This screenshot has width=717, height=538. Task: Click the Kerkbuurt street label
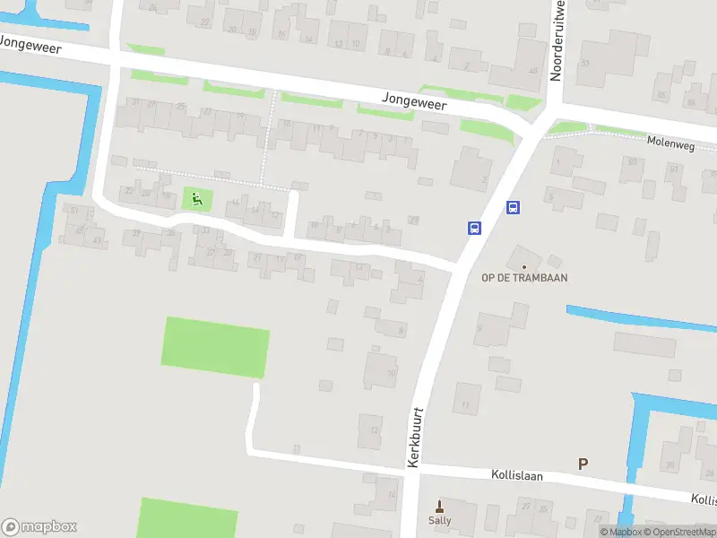414,438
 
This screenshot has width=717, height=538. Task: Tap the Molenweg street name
670,141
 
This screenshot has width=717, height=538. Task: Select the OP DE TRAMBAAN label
524,278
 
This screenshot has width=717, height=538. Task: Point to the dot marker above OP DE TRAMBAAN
524,266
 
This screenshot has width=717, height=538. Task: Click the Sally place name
439,520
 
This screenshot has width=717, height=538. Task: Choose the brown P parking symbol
583,464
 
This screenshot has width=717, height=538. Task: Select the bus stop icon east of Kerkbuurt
513,208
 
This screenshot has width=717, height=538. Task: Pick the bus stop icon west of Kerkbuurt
473,228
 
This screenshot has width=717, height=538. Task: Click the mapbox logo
39,527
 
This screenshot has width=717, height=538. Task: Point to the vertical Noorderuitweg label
557,40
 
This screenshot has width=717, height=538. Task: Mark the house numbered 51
75,212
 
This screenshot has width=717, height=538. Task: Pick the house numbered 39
136,233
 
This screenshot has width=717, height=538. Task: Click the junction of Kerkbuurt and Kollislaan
409,469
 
